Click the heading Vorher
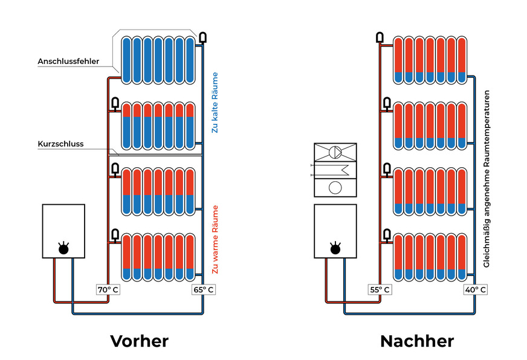pos(139,341)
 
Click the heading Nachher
pos(416,341)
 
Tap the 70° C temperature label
pos(108,289)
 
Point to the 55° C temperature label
pos(380,289)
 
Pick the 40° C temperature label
pos(475,289)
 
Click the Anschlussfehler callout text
pos(68,62)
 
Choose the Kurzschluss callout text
pos(60,144)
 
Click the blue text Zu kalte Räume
pos(215,103)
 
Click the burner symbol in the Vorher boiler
pos(63,248)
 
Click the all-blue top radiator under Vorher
pos(158,60)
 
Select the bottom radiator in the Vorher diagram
pos(158,257)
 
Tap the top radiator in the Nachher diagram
pos(430,60)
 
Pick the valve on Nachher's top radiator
pos(380,37)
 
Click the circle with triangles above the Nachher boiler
pos(336,152)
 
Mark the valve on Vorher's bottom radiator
pos(114,234)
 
